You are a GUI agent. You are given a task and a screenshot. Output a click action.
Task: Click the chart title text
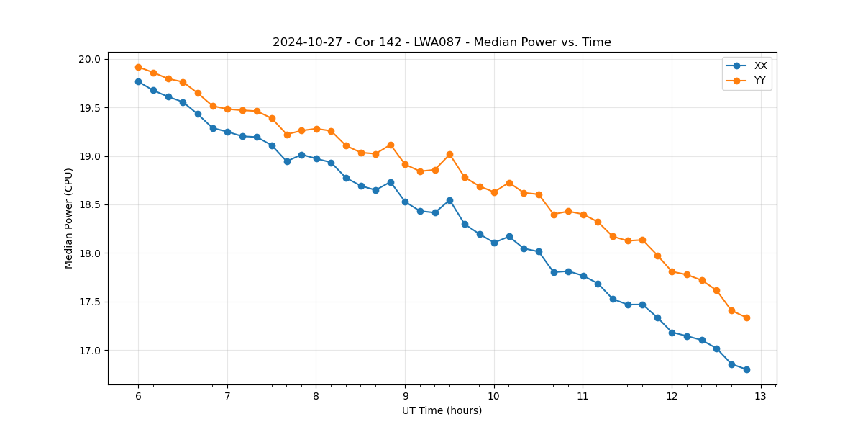coord(442,42)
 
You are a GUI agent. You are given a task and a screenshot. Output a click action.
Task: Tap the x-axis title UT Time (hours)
coord(442,410)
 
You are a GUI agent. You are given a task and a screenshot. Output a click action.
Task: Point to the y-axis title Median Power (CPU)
coord(69,218)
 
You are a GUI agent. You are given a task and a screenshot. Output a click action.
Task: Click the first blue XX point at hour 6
coord(138,81)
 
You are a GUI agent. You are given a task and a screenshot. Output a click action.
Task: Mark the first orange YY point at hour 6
coord(138,67)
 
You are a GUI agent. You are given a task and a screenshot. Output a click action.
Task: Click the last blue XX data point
coord(746,369)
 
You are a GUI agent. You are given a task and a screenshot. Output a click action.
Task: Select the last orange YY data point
coord(746,318)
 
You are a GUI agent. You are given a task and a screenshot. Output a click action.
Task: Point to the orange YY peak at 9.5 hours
coord(449,154)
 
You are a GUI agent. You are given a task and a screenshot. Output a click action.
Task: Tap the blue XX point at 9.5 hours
coord(449,200)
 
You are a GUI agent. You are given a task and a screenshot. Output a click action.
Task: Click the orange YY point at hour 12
coord(672,271)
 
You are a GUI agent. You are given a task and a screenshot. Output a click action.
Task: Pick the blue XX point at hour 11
coord(583,276)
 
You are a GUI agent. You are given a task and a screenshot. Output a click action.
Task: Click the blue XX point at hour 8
coord(316,158)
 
